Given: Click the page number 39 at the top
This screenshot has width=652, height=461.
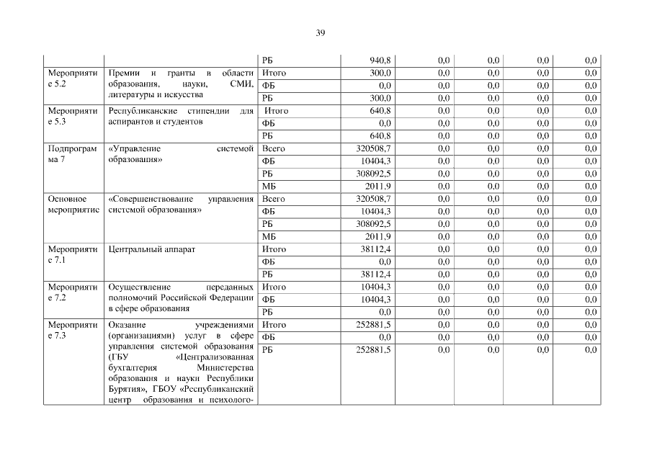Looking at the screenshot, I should (321, 32).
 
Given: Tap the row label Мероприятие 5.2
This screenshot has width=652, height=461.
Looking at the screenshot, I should (72, 79).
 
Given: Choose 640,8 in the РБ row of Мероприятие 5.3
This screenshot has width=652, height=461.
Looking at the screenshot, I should (379, 135).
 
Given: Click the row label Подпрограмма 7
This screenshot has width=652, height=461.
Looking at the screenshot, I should (72, 154).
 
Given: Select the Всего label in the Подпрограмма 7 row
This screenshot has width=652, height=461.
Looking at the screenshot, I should (274, 148).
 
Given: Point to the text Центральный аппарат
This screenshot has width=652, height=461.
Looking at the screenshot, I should (151, 249).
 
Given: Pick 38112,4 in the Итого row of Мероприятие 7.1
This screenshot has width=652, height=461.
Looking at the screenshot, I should (375, 249).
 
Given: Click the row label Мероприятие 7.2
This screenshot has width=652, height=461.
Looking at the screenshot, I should (72, 292).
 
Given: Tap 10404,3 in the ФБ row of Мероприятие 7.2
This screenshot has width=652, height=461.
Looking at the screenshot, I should (375, 299).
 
